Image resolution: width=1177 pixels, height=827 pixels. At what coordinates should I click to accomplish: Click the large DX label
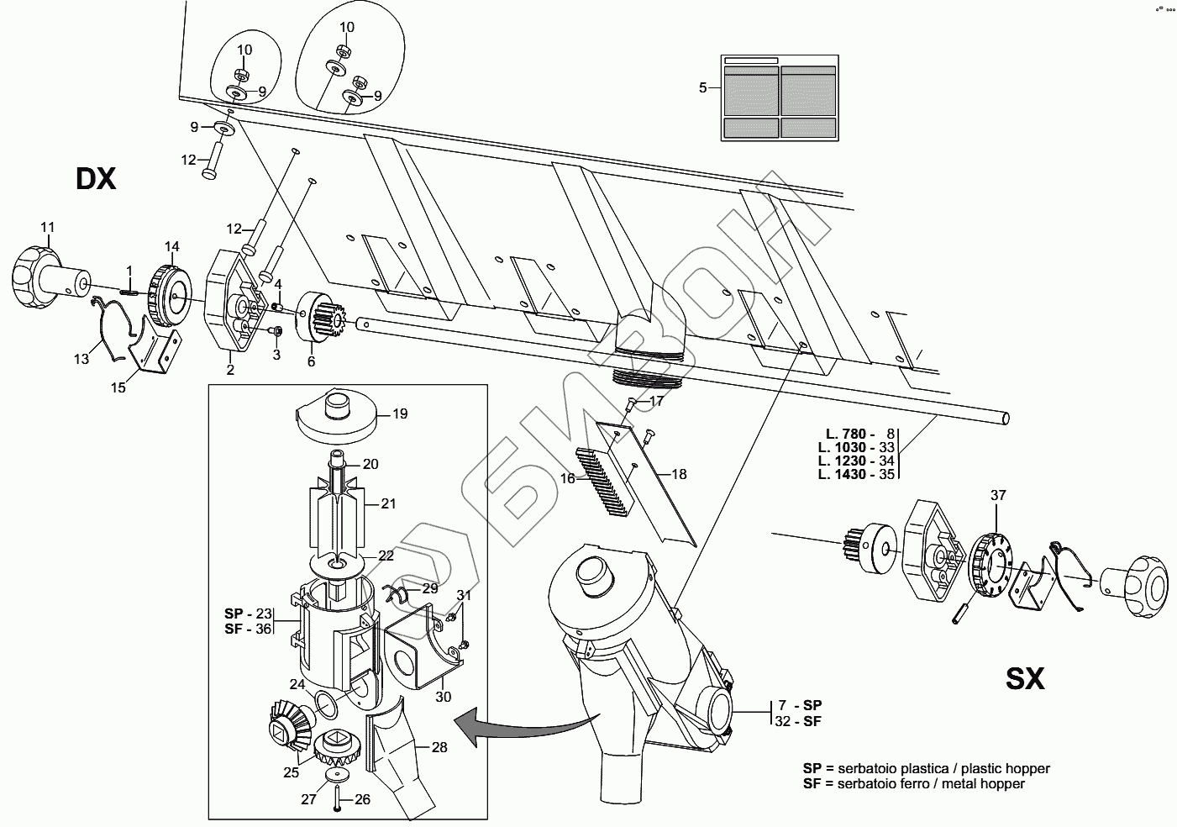point(96,179)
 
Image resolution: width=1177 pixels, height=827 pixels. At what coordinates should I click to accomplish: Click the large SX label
point(1025,679)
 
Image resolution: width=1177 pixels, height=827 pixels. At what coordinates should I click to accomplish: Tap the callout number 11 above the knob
point(48,227)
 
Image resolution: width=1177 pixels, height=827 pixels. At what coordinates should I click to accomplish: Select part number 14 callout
point(172,246)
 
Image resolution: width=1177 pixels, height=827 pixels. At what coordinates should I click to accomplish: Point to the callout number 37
point(998,495)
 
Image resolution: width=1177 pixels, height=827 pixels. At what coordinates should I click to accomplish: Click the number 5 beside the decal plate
point(703,87)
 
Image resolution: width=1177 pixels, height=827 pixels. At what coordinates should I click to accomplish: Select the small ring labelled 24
point(326,704)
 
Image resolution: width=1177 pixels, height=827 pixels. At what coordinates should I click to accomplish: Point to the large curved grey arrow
point(525,725)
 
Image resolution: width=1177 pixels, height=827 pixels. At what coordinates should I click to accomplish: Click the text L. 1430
point(842,474)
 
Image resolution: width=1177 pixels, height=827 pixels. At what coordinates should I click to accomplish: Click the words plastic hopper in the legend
point(1005,768)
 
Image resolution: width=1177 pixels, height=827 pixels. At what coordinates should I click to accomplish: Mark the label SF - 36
point(248,629)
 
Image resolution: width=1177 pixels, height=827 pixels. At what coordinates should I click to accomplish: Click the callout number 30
point(444,697)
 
